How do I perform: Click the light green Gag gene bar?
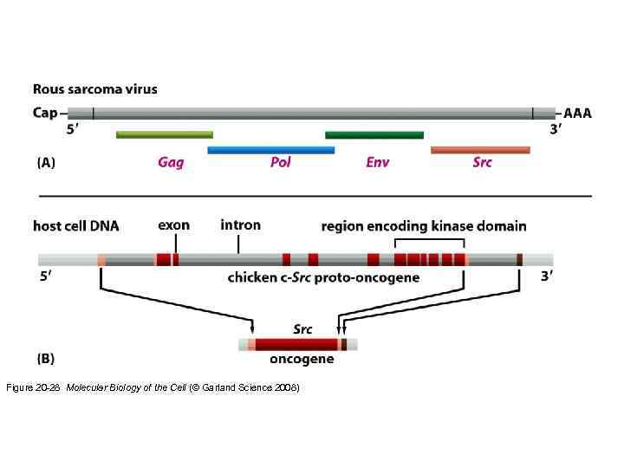click(165, 134)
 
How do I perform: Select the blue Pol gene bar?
click(270, 150)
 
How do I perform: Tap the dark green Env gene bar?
click(374, 134)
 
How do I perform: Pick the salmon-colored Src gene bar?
click(480, 150)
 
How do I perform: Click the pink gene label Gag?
click(171, 163)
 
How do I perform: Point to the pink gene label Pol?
click(280, 163)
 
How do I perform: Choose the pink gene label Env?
click(377, 163)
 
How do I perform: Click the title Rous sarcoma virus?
click(95, 88)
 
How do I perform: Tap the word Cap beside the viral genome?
click(46, 113)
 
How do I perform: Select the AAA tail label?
click(578, 113)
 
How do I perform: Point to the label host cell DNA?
click(76, 226)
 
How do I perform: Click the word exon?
click(173, 225)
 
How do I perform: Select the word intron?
click(240, 225)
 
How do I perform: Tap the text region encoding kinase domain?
click(423, 226)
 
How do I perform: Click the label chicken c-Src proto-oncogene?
click(323, 278)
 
